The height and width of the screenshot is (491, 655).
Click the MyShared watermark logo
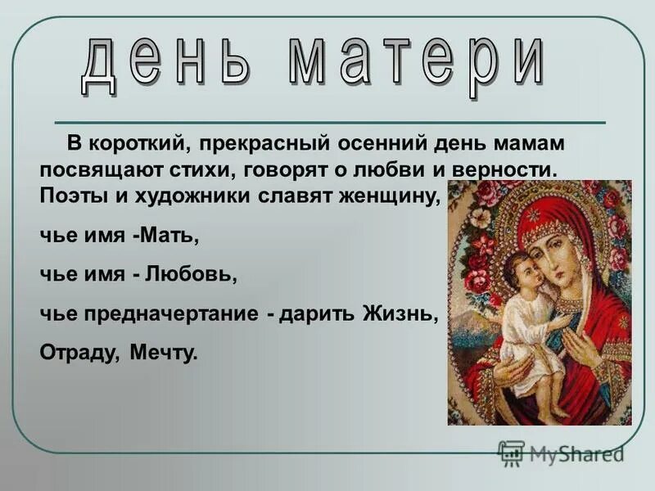point(562,452)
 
